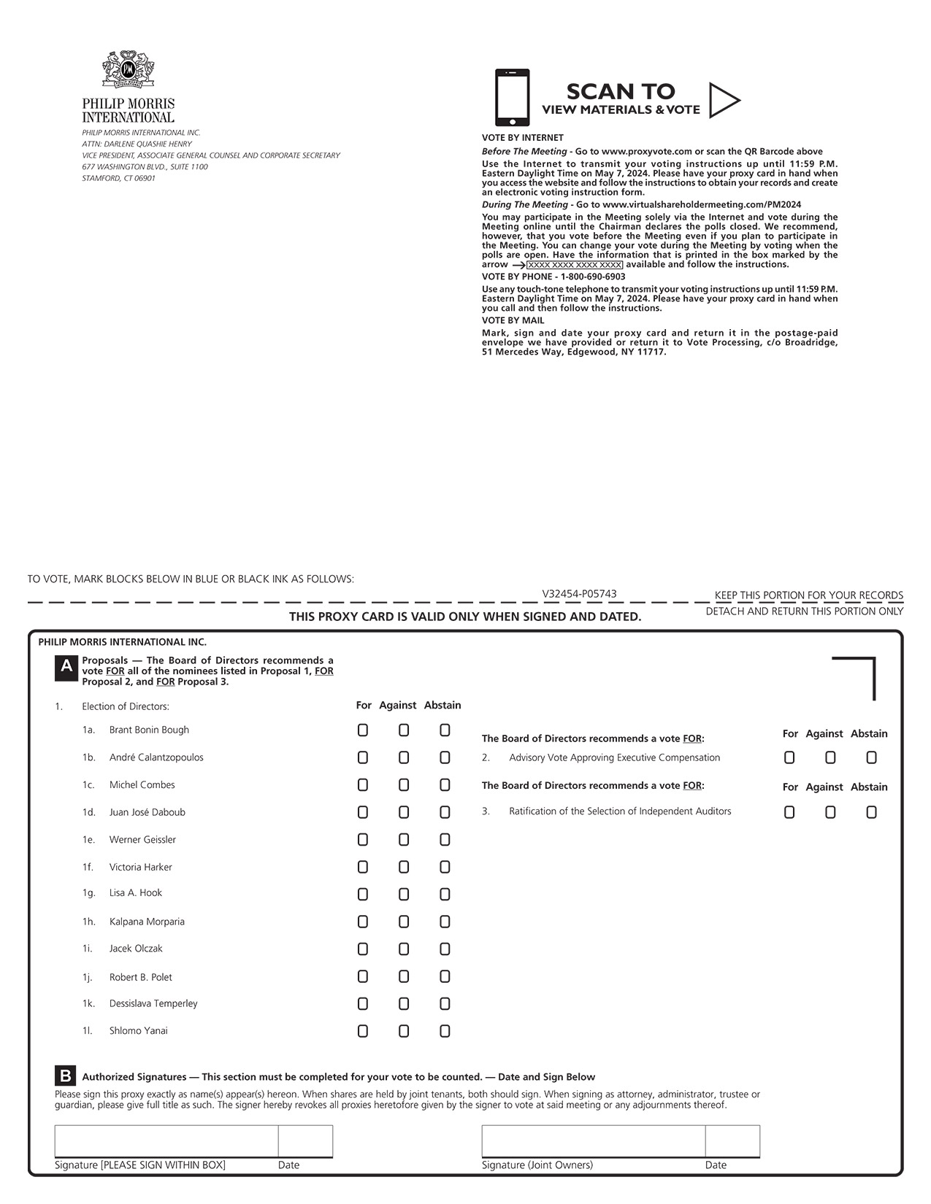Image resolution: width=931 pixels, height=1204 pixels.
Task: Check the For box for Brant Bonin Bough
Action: pos(363,730)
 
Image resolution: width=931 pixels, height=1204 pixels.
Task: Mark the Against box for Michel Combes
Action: pos(404,785)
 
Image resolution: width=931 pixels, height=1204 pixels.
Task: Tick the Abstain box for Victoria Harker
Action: pos(445,867)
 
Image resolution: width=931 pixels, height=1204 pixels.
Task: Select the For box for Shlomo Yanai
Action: pos(363,1031)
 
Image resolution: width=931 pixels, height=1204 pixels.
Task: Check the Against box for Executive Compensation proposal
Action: pos(830,758)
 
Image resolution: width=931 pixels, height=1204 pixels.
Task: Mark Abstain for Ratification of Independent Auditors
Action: pos(871,812)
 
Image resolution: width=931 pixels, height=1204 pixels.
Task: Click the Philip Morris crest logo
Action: pos(129,70)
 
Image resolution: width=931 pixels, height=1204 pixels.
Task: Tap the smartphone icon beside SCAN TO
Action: pos(512,98)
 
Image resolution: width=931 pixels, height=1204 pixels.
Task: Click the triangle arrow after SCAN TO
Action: pos(723,101)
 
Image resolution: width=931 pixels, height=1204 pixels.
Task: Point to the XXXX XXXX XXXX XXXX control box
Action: pos(575,265)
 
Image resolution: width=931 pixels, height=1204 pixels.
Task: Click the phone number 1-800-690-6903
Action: pos(593,277)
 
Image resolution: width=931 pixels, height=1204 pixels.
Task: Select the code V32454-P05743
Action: pos(579,594)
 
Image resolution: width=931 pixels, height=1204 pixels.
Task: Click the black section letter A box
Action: pos(66,667)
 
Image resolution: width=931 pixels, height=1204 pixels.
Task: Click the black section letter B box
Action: pos(66,1076)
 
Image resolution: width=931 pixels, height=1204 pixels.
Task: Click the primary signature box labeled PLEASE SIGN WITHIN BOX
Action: pos(166,1141)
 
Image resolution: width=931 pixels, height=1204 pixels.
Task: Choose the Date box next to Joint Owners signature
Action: pos(732,1141)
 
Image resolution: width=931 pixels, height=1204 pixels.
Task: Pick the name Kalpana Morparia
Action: pos(147,922)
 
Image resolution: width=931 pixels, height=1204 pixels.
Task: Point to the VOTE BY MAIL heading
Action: pos(513,321)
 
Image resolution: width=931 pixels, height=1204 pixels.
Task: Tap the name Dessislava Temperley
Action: pos(153,1003)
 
